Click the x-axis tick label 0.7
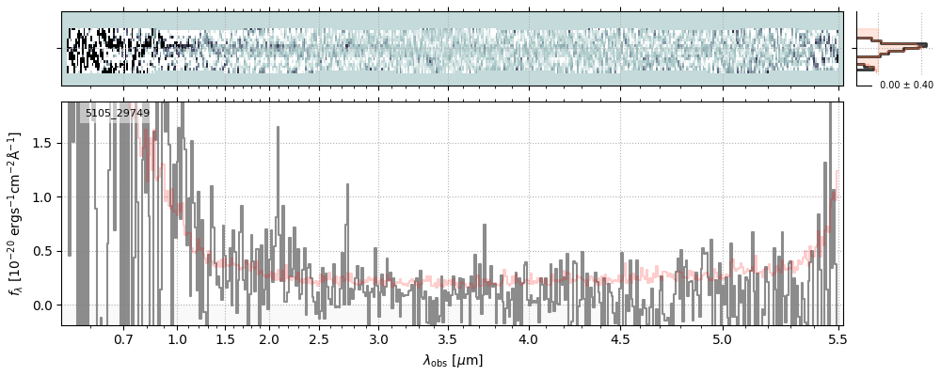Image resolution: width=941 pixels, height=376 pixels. click(123, 338)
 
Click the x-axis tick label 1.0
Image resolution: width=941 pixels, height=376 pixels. click(177, 338)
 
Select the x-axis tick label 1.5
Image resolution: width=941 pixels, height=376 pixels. click(226, 338)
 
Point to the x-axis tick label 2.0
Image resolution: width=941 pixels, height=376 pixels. click(269, 338)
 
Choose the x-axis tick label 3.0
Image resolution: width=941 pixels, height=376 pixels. click(378, 338)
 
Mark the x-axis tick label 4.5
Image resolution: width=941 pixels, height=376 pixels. click(622, 338)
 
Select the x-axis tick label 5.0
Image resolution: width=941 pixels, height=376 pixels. click(722, 338)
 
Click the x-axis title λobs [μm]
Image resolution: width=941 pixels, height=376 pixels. click(452, 360)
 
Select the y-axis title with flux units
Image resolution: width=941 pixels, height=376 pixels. click(16, 213)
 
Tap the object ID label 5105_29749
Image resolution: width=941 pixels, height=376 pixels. click(117, 114)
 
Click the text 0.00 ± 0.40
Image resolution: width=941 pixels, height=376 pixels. click(906, 85)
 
